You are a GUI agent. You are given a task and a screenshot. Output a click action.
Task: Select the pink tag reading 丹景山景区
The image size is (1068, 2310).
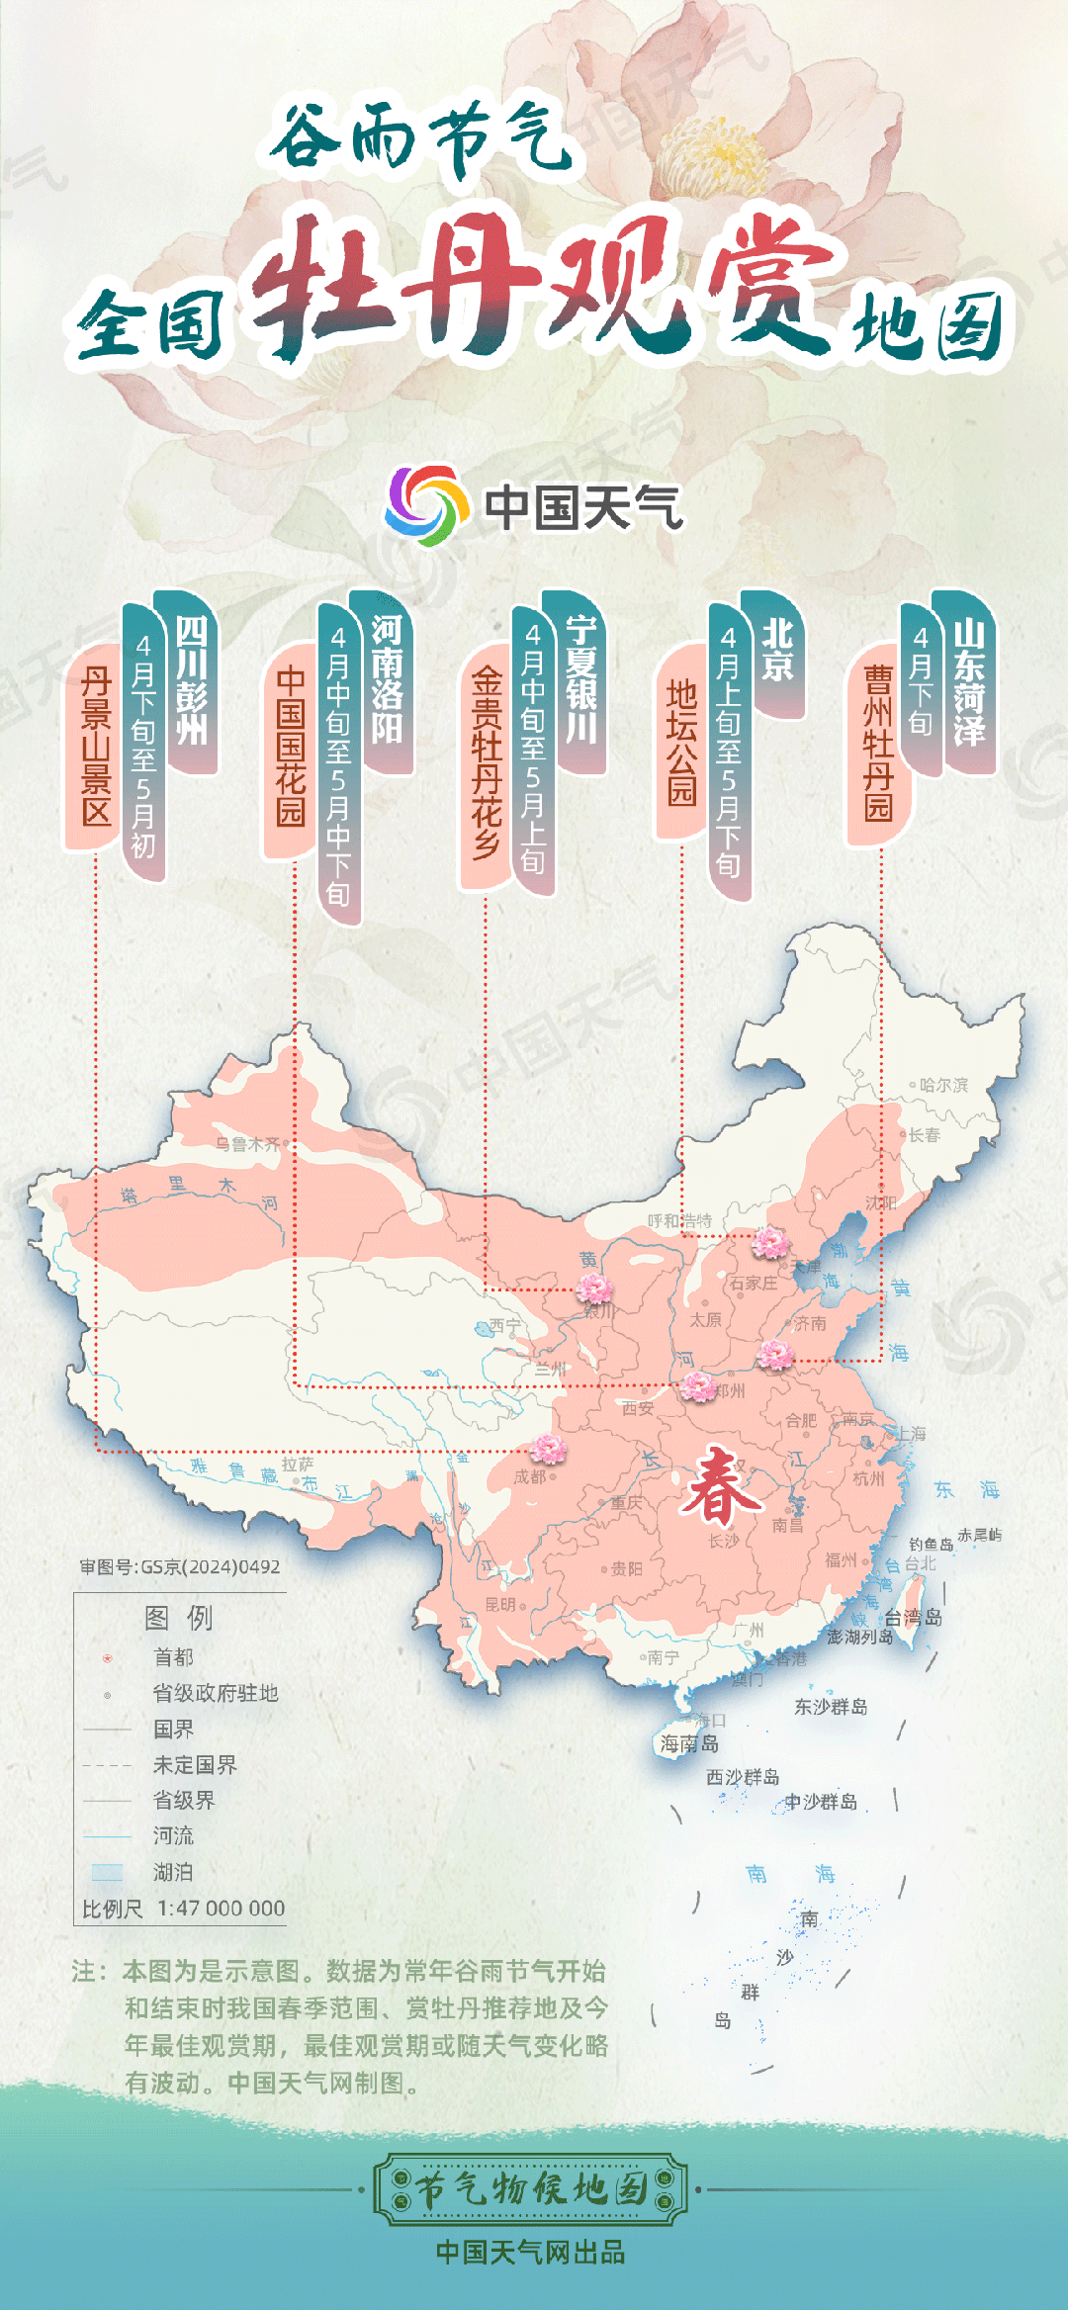[x=96, y=747]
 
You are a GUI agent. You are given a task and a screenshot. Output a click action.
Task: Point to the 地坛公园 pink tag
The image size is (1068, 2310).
[x=681, y=742]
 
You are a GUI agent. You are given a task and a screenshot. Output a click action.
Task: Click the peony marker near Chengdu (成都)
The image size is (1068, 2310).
[x=548, y=1449]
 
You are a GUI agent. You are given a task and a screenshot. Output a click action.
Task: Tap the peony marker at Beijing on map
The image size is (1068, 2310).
[x=769, y=1242]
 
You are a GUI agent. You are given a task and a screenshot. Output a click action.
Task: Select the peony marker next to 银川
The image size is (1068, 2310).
[x=594, y=1288]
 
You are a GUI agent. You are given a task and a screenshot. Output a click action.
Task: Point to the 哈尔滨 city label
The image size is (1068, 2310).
[x=943, y=1085]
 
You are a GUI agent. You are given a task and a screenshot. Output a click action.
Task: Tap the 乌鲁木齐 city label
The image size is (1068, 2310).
[x=247, y=1144]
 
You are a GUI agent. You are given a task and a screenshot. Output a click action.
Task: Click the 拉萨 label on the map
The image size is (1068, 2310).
[x=297, y=1464]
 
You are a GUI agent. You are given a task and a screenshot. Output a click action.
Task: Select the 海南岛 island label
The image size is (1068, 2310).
[x=689, y=1744]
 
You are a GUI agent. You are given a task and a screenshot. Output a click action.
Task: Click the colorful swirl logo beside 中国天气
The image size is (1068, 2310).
[x=426, y=505]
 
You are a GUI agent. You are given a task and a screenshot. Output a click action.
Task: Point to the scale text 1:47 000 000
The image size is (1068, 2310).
[x=221, y=1909]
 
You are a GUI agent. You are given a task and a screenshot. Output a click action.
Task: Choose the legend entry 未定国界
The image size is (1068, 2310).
[x=195, y=1765]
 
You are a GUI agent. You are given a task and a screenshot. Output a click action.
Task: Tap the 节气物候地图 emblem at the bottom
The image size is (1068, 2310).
[x=530, y=2189]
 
